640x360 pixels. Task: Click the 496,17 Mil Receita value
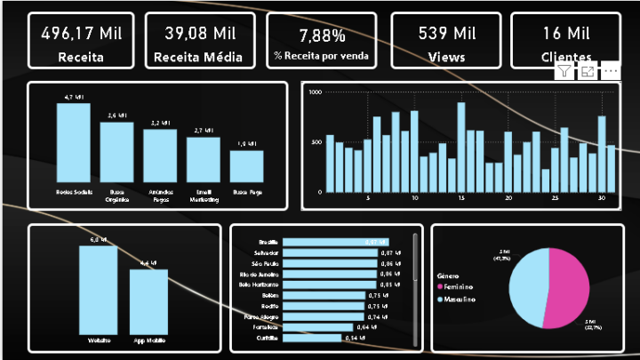pyautogui.click(x=81, y=34)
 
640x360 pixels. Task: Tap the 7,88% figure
pyautogui.click(x=323, y=36)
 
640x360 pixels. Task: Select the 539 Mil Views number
pyautogui.click(x=447, y=34)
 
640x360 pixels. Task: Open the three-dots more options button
pyautogui.click(x=611, y=71)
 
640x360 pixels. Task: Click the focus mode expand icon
pyautogui.click(x=588, y=71)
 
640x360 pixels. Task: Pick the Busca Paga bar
pyautogui.click(x=246, y=165)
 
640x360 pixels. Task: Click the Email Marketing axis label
pyautogui.click(x=204, y=195)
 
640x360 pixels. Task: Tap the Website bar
pyautogui.click(x=99, y=289)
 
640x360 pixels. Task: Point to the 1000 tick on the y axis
pyautogui.click(x=315, y=92)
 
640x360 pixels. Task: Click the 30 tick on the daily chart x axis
pyautogui.click(x=601, y=198)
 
